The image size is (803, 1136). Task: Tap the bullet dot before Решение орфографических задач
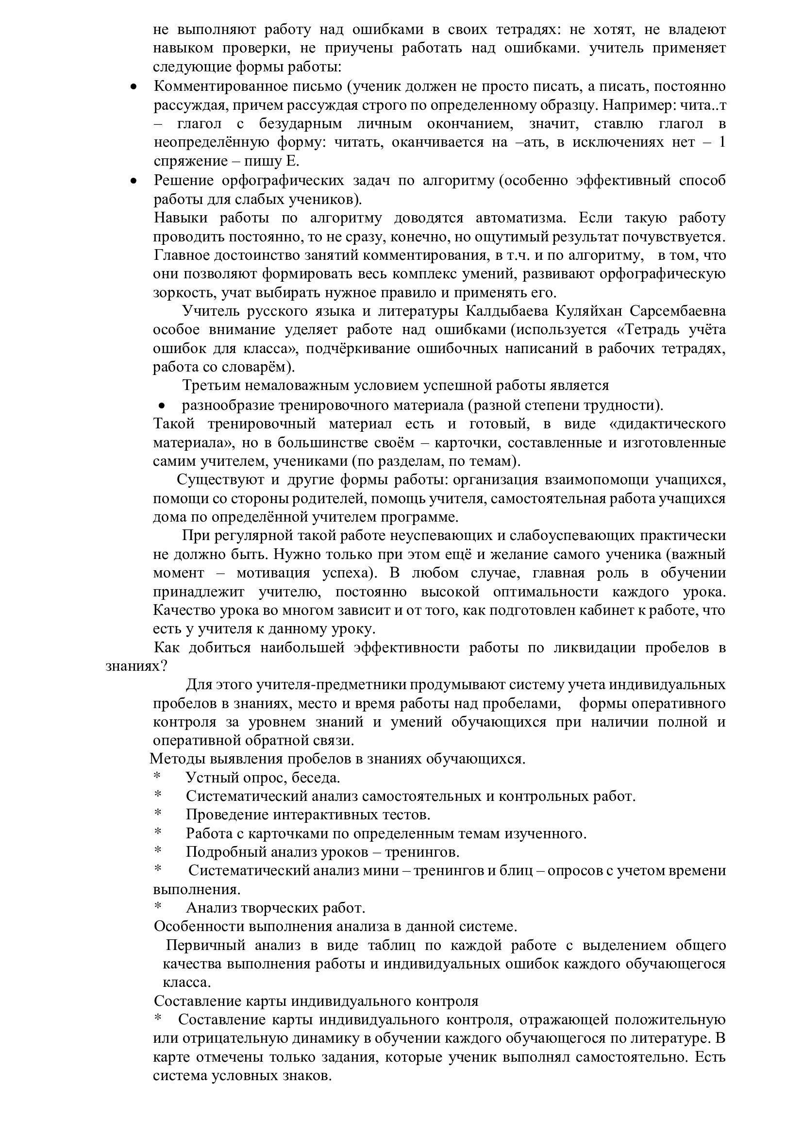point(133,182)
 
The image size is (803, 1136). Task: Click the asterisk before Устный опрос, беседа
point(158,777)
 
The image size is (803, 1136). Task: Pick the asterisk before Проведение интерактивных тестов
point(158,814)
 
